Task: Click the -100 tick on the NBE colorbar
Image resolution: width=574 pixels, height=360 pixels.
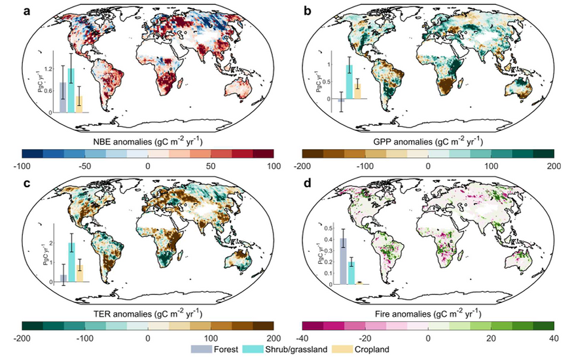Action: (x=22, y=166)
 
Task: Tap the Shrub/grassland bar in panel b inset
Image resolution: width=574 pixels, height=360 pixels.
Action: (x=350, y=81)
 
